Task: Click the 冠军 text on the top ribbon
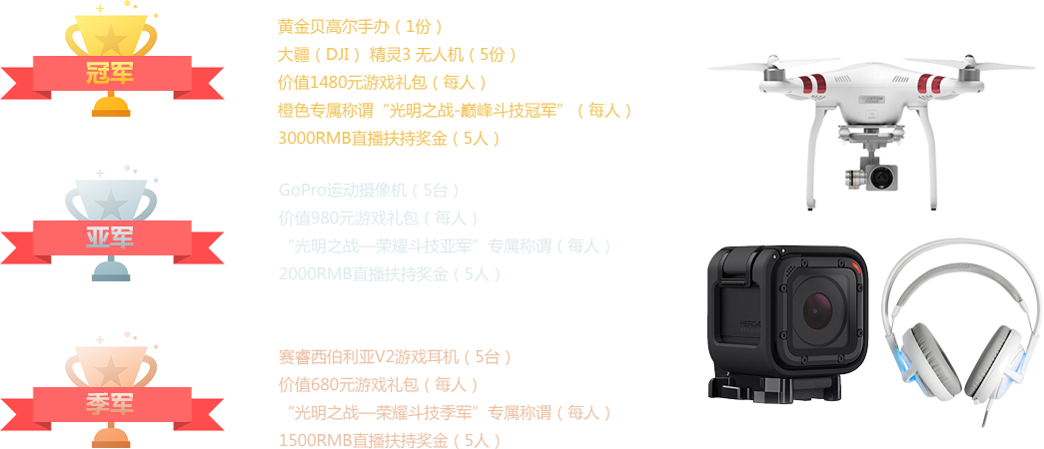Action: pyautogui.click(x=112, y=72)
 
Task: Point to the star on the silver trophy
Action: pyautogui.click(x=112, y=206)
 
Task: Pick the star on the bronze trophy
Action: pyautogui.click(x=112, y=371)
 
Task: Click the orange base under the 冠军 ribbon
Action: pyautogui.click(x=112, y=108)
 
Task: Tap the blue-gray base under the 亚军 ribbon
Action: pyautogui.click(x=112, y=272)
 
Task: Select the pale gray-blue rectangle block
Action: pyautogui.click(x=448, y=231)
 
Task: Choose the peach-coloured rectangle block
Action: pyautogui.click(x=448, y=397)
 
